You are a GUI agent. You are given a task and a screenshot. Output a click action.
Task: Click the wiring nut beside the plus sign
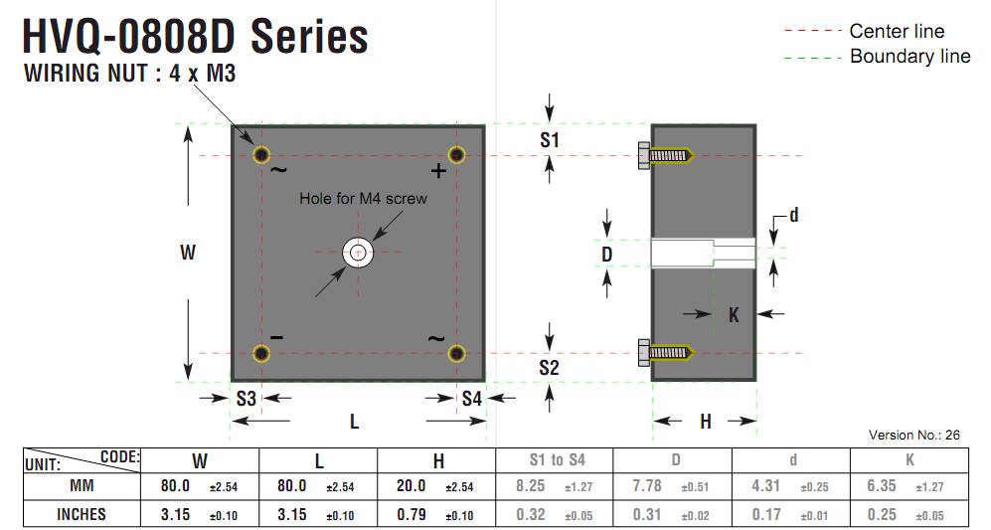(x=456, y=155)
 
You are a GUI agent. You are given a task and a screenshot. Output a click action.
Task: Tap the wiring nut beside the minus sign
(x=261, y=354)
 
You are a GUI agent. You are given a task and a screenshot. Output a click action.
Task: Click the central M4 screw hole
(x=358, y=253)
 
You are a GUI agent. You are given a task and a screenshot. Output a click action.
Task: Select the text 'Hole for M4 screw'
(x=364, y=199)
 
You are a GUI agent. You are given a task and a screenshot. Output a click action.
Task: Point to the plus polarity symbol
(x=438, y=171)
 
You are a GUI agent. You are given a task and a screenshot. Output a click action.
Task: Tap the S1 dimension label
(x=550, y=140)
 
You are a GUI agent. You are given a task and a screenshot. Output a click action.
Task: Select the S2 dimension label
(x=549, y=368)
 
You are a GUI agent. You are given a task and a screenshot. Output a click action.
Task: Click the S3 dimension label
(x=246, y=399)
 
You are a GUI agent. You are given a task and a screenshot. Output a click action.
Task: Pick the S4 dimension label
(x=471, y=399)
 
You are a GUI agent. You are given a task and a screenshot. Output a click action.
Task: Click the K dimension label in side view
(x=734, y=315)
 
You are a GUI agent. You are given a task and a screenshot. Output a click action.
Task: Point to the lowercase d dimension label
(x=794, y=215)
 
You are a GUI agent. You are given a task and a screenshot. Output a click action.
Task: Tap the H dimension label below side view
(x=706, y=422)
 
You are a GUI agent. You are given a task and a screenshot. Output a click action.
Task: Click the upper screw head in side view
(x=643, y=155)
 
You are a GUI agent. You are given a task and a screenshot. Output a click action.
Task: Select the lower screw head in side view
(x=643, y=353)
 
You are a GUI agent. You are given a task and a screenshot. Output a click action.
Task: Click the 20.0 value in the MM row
(x=411, y=485)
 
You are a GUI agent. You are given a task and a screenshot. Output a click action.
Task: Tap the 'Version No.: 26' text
(x=913, y=436)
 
